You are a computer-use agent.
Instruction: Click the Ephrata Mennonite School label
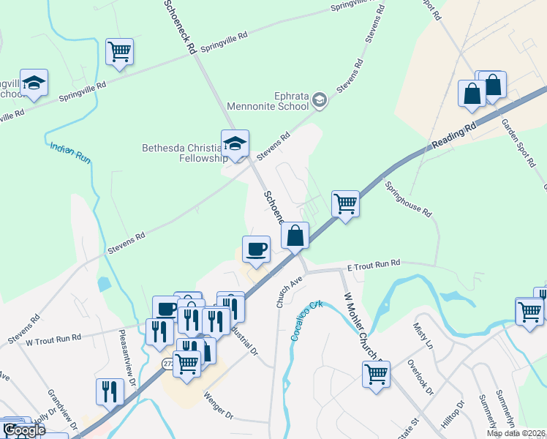[x=268, y=100]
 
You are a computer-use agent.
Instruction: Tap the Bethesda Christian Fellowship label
[x=181, y=154]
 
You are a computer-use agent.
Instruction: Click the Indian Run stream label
[x=71, y=151]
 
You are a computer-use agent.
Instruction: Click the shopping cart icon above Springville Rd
[x=119, y=52]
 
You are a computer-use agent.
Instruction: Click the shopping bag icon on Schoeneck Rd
[x=295, y=236]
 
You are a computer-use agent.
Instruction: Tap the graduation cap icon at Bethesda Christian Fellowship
[x=235, y=143]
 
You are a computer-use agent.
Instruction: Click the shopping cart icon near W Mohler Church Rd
[x=376, y=373]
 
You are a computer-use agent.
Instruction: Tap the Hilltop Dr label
[x=453, y=414]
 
